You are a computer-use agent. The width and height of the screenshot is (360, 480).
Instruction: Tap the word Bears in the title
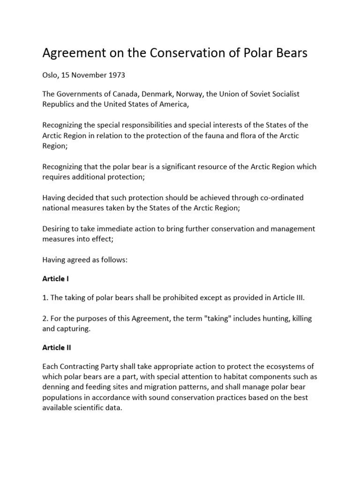coord(290,53)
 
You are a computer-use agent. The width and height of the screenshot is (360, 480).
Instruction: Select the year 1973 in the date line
coord(117,75)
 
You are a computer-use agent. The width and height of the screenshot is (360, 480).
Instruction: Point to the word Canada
coord(132,94)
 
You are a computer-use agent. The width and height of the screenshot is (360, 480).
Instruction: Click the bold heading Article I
coord(56,279)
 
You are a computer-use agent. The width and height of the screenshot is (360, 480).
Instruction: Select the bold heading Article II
coord(57,348)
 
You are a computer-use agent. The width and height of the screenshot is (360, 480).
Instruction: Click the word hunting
coord(265,318)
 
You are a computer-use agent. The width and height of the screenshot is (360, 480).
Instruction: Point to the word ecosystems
coord(290,367)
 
